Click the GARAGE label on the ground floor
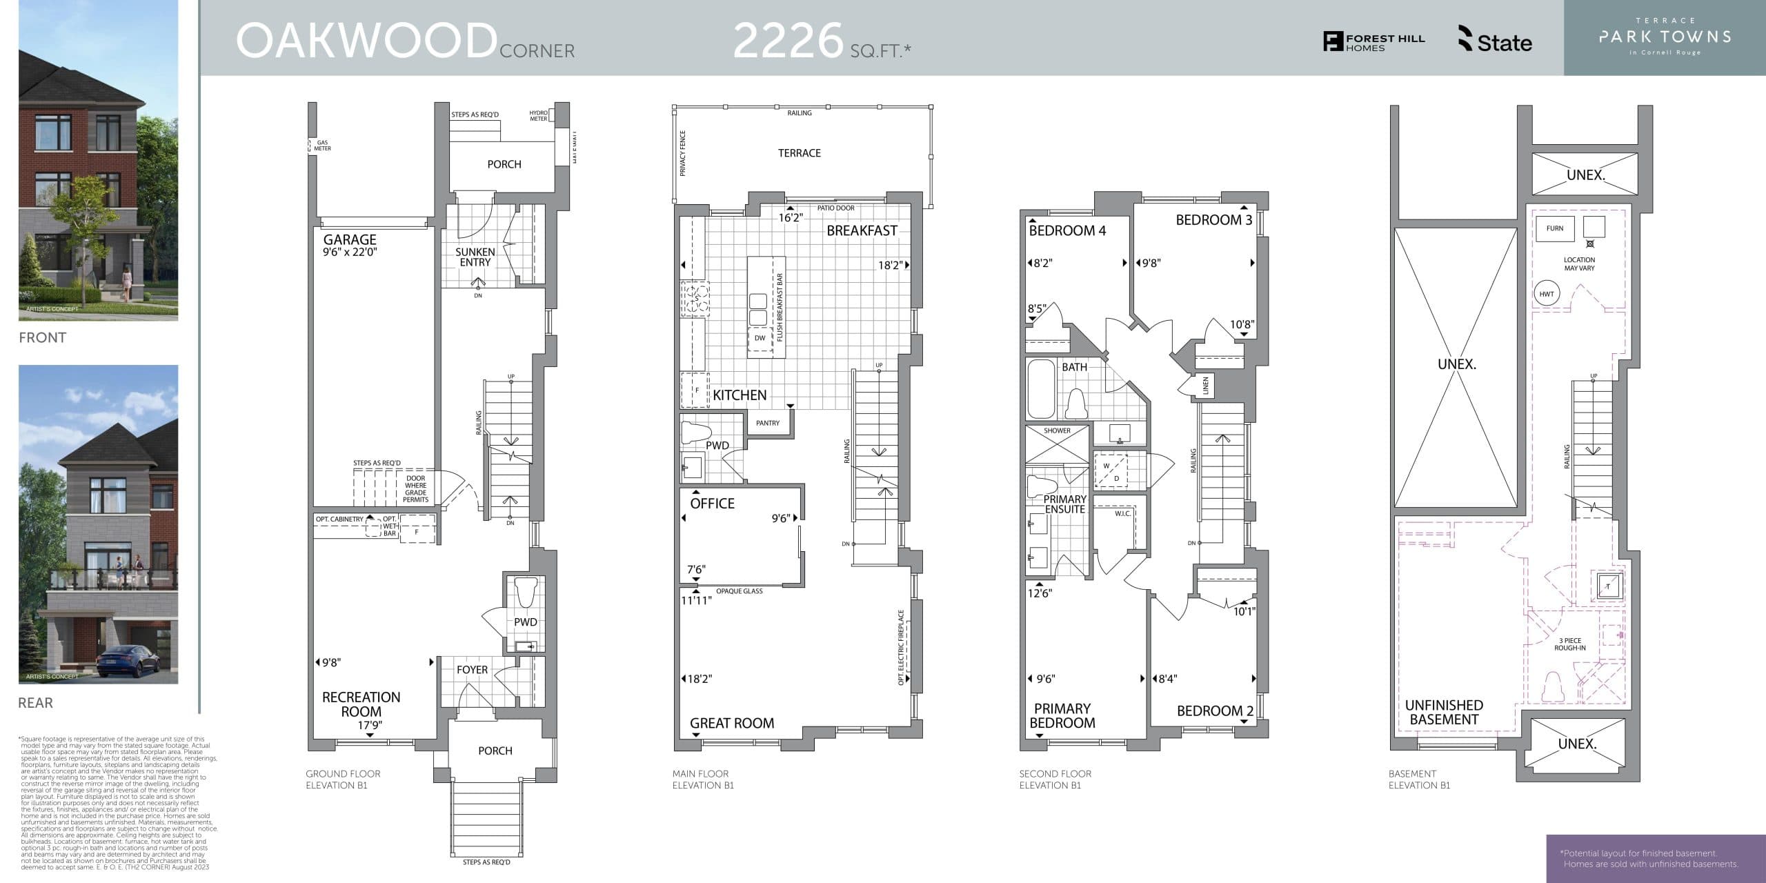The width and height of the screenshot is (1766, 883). click(350, 239)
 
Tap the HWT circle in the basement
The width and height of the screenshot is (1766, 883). click(1547, 294)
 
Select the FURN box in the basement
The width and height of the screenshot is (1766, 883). click(1555, 228)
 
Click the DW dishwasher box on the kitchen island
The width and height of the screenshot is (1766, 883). click(760, 338)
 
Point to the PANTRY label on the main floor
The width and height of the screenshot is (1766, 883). click(767, 423)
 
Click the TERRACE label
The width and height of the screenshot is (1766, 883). click(799, 153)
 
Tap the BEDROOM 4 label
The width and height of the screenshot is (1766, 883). click(1067, 230)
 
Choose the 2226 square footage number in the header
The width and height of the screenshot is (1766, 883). click(788, 41)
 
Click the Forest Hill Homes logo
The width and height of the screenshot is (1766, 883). click(1373, 42)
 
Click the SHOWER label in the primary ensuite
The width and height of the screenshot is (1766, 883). click(1057, 430)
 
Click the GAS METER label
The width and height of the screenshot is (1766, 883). click(322, 146)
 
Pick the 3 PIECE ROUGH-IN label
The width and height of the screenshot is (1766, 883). click(1569, 644)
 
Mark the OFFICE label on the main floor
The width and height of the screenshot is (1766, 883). click(712, 504)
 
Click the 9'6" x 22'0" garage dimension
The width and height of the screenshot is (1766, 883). click(350, 252)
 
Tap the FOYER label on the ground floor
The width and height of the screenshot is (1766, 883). click(472, 670)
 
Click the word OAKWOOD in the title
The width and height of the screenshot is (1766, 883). click(366, 41)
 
